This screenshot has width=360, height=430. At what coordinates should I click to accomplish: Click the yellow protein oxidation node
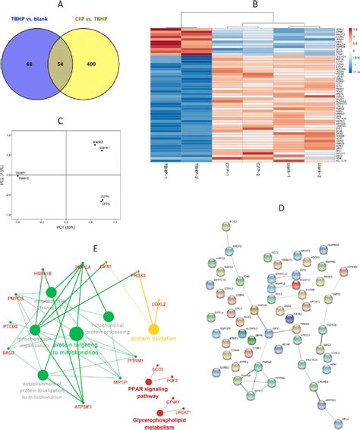coord(153,330)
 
